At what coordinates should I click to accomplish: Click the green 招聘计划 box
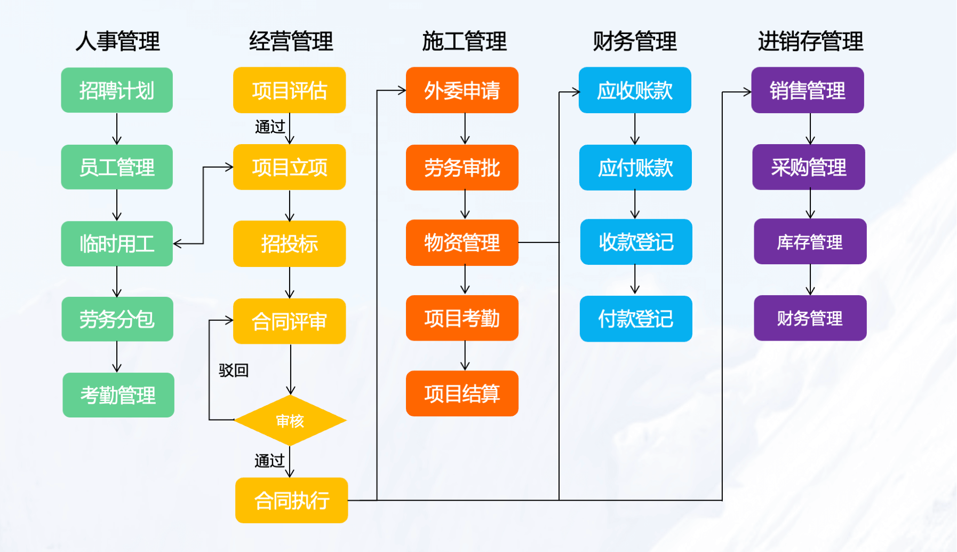click(x=117, y=90)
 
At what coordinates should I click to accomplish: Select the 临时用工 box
click(x=117, y=244)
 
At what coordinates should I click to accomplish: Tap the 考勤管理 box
click(x=118, y=395)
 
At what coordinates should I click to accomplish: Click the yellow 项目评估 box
click(x=289, y=90)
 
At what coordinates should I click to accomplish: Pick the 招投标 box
click(x=289, y=244)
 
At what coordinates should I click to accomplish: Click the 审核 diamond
click(x=290, y=421)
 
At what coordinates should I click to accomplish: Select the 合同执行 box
click(x=291, y=500)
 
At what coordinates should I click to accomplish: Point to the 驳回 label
click(x=234, y=370)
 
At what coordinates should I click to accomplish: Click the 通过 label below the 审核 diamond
click(x=269, y=460)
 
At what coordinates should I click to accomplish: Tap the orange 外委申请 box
click(x=462, y=90)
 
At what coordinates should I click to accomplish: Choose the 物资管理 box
click(x=462, y=242)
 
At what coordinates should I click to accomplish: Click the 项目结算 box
click(x=462, y=393)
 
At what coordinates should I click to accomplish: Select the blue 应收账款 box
click(x=635, y=90)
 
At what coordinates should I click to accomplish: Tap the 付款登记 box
click(x=636, y=319)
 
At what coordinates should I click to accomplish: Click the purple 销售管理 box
click(x=808, y=90)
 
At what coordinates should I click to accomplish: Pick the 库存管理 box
click(x=810, y=242)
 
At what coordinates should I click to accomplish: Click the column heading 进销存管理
click(x=810, y=41)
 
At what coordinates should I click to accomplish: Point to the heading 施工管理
click(x=464, y=41)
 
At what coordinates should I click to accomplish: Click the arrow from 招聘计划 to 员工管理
click(x=117, y=129)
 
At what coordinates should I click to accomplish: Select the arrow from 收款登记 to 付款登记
click(x=635, y=280)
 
